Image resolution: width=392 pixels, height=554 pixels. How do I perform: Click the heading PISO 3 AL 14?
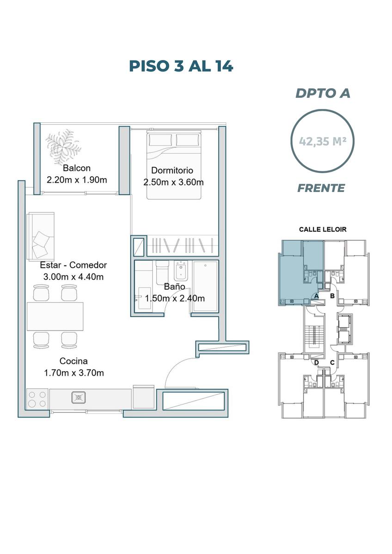(x=181, y=66)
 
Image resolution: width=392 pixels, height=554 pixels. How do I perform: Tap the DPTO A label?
(x=323, y=93)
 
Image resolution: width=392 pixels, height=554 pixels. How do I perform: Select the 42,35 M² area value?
(x=322, y=141)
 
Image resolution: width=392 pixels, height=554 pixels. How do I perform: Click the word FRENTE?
(x=321, y=188)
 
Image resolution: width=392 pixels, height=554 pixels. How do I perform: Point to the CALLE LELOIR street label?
(x=322, y=229)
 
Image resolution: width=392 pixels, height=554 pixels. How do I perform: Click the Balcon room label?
(x=77, y=168)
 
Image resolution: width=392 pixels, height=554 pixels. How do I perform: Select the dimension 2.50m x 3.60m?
(x=173, y=182)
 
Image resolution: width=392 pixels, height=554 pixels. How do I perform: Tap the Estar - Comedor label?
(x=73, y=265)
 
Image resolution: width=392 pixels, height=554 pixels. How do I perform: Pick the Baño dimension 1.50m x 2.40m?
(x=175, y=298)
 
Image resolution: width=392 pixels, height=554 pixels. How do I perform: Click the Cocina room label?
(x=73, y=361)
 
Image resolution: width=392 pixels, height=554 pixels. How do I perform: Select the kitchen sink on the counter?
(x=79, y=397)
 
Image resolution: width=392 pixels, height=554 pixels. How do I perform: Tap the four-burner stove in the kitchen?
(x=37, y=399)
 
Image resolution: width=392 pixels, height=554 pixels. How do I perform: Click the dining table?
(x=55, y=316)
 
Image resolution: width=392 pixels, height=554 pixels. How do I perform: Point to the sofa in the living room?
(x=41, y=237)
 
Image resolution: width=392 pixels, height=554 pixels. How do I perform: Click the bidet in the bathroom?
(x=181, y=271)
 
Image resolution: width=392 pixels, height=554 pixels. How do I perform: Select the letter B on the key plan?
(x=332, y=296)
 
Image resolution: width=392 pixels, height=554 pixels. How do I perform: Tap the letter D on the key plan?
(x=316, y=362)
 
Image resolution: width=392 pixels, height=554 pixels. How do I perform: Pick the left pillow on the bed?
(x=160, y=140)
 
